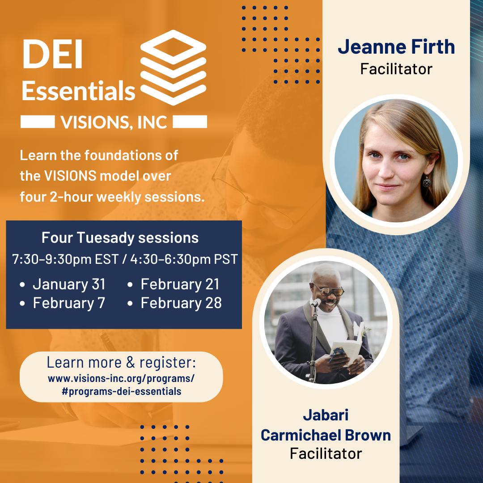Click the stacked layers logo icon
[173, 68]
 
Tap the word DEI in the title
[52, 54]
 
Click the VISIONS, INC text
[114, 122]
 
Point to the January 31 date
[69, 284]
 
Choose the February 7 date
[69, 303]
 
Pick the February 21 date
[180, 284]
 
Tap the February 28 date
[181, 303]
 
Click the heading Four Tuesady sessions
[120, 238]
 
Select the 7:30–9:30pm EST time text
[65, 259]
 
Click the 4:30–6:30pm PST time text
[184, 259]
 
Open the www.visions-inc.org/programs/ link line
[121, 379]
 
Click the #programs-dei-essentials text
[121, 391]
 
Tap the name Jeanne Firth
[396, 47]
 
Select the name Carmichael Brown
[326, 435]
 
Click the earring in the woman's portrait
[427, 182]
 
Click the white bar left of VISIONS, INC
[38, 122]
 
